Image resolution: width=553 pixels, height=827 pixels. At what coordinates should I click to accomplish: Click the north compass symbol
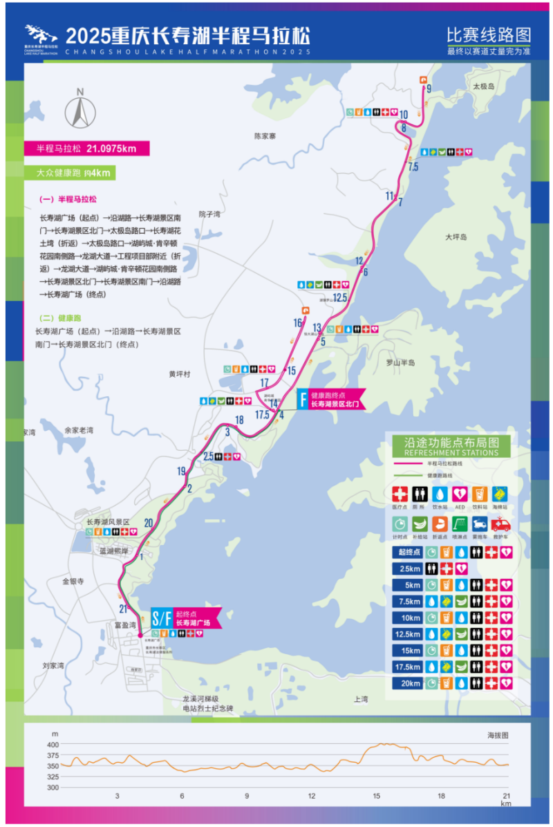[80, 111]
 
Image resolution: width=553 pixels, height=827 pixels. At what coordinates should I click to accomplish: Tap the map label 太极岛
[484, 86]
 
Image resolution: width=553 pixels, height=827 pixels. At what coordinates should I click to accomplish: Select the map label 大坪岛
[456, 236]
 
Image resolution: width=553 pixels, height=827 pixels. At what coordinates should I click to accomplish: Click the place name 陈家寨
[265, 136]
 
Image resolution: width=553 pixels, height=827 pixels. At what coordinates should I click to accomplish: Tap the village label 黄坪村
[179, 374]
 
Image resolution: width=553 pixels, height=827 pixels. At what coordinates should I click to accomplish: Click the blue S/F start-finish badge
[161, 617]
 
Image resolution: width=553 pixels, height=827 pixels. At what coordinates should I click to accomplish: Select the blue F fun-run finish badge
[302, 399]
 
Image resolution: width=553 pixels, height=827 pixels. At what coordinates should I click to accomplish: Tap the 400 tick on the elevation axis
[53, 744]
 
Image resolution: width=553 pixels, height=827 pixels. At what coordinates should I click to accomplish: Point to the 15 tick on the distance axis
[377, 796]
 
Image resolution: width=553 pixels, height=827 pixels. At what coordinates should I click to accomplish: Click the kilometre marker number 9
[429, 89]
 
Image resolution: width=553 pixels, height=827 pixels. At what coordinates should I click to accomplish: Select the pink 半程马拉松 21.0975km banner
[86, 148]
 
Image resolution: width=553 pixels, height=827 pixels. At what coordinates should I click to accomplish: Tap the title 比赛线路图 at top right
[488, 35]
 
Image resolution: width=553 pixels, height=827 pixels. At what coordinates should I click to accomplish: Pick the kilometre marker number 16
[298, 323]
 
